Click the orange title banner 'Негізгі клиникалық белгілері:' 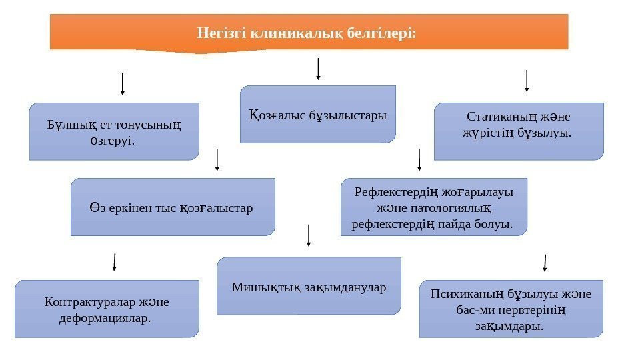point(309,33)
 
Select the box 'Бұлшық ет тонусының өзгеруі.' point(114,131)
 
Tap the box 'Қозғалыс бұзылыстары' point(317,115)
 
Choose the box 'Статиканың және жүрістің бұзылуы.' point(518,131)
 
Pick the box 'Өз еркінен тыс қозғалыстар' point(172,207)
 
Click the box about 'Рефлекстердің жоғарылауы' point(433,207)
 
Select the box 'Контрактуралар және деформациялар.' point(107,309)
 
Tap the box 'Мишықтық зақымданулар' point(309,286)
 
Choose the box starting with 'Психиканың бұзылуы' point(511,309)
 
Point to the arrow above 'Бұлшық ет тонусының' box point(122,84)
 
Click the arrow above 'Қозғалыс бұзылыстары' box point(318,69)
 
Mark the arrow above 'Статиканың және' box point(527,80)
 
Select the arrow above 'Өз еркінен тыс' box point(218,160)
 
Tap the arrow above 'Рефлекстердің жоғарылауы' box point(419,160)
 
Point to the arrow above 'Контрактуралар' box point(115,261)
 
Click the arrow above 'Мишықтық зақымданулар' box point(309,236)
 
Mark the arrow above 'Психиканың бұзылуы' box point(545,262)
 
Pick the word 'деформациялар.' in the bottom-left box point(106,317)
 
